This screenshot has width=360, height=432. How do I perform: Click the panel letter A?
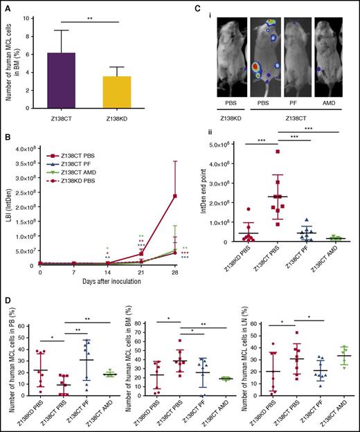pyautogui.click(x=5, y=6)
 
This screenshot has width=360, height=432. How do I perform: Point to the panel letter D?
pyautogui.click(x=5, y=299)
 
